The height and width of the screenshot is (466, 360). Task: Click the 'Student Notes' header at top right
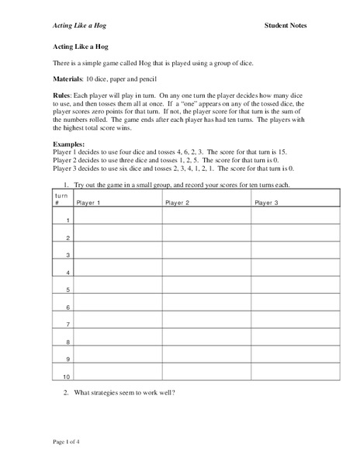(286, 26)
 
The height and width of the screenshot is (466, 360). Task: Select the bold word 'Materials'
(68, 80)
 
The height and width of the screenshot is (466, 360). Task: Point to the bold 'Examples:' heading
(71, 145)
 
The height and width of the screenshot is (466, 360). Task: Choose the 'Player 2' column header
(178, 203)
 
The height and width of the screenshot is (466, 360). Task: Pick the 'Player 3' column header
(267, 203)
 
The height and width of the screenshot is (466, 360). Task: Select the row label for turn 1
(68, 221)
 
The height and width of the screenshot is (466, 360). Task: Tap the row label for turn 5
(68, 290)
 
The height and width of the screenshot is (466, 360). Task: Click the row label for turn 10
(67, 375)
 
